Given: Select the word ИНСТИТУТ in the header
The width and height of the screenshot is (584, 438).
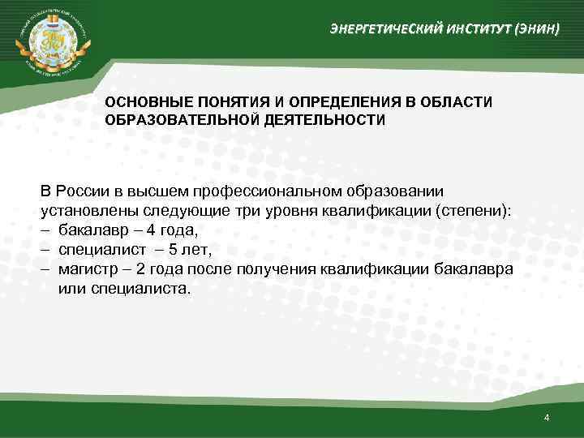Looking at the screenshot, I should click(x=471, y=30).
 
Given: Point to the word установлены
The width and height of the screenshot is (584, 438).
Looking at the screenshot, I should click(x=82, y=211).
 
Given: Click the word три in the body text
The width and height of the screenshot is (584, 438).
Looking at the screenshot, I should click(x=247, y=211).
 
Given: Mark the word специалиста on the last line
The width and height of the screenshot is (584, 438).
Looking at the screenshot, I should click(x=138, y=289).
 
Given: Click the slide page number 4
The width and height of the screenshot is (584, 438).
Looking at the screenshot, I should click(x=547, y=418).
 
